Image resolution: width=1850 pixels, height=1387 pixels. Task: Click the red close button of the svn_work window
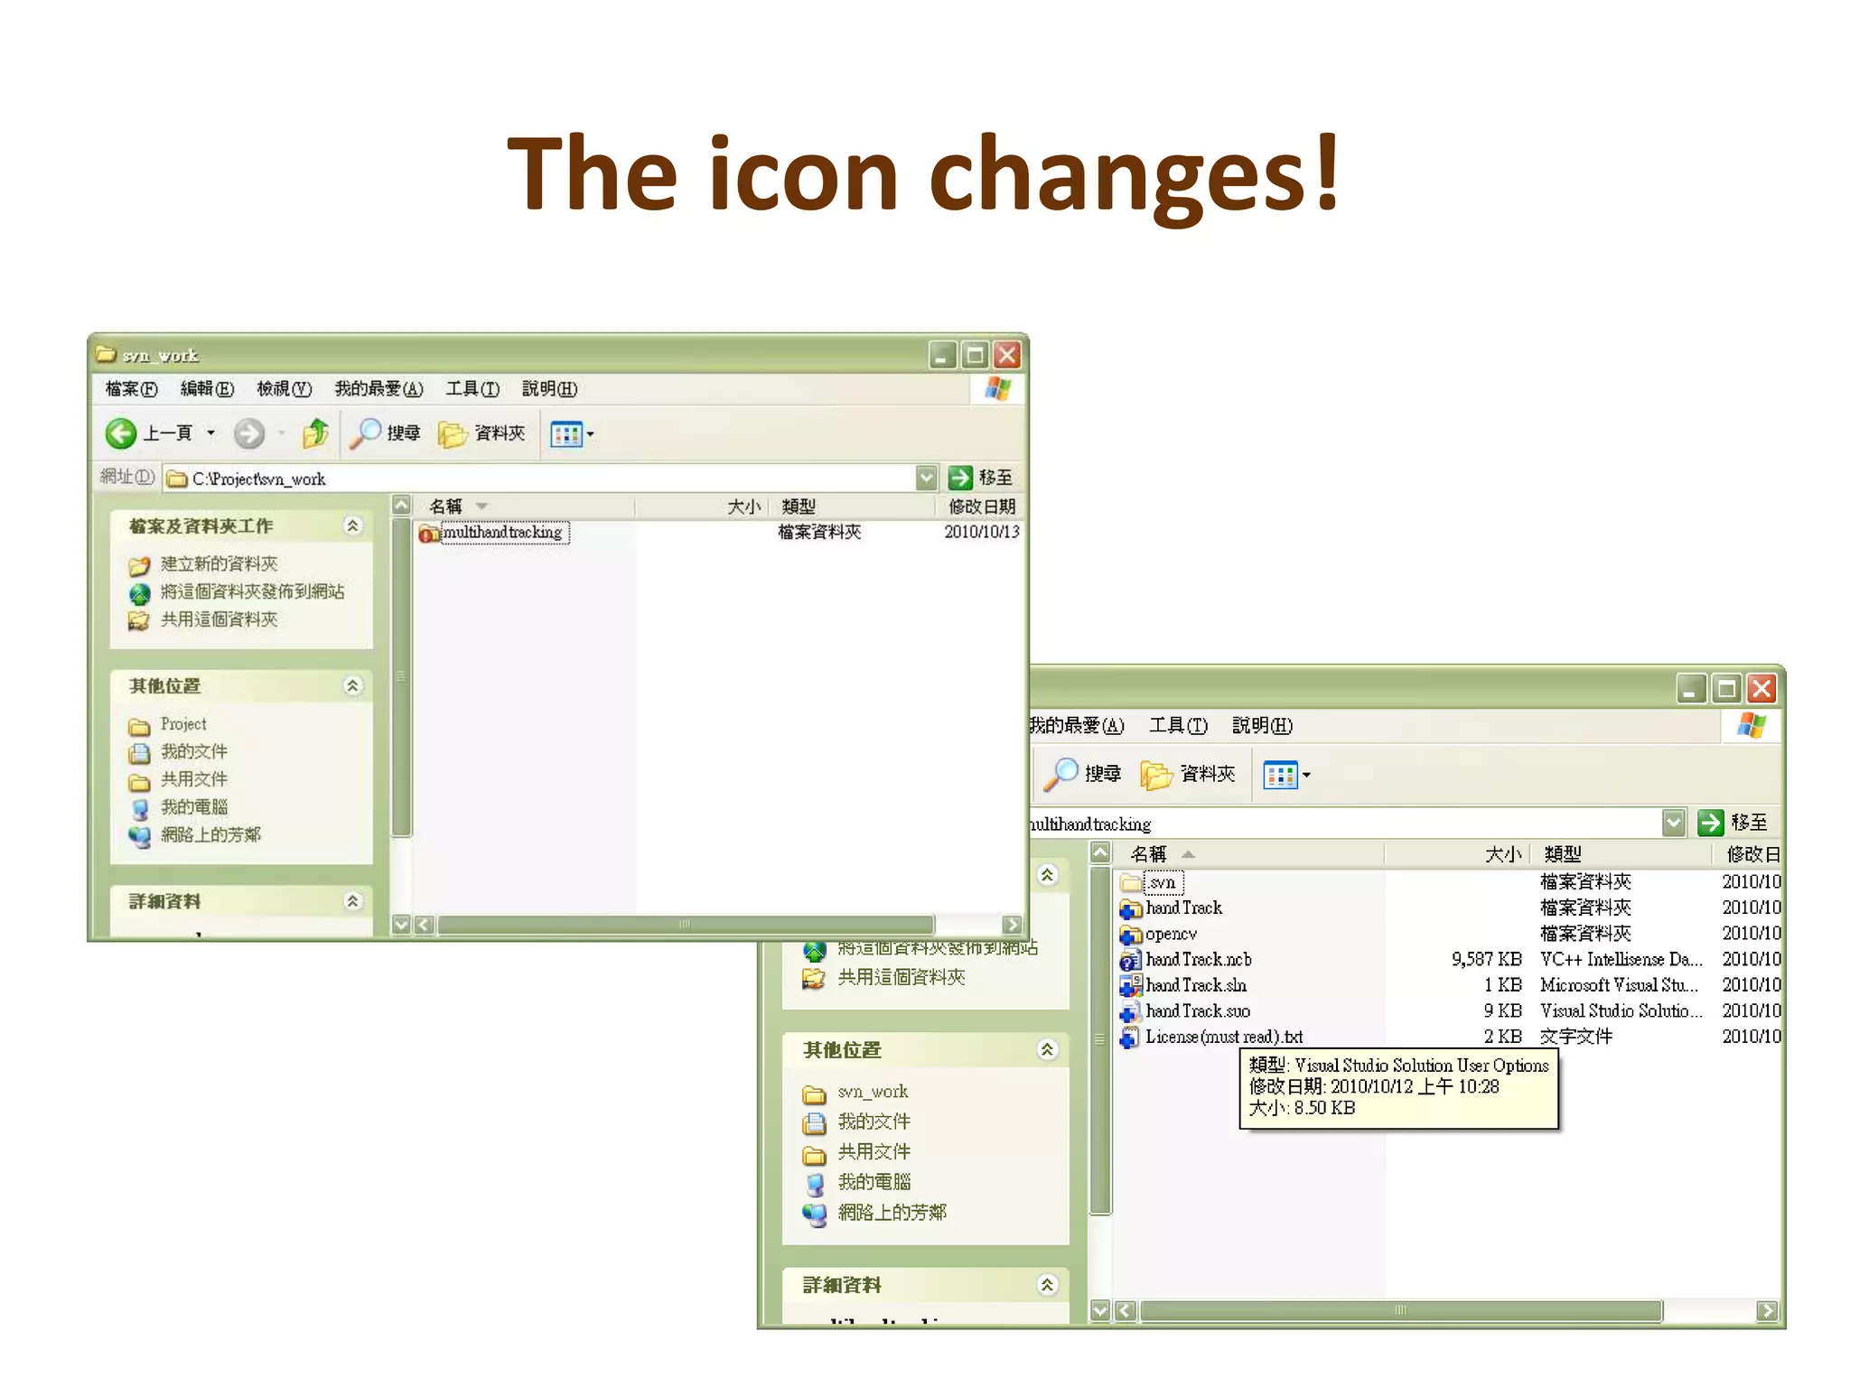tap(1007, 355)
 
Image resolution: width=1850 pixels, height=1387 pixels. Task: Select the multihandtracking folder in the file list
tap(501, 533)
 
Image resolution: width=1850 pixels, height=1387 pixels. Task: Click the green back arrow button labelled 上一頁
tap(121, 433)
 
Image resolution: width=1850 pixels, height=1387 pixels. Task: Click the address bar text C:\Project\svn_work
tap(258, 479)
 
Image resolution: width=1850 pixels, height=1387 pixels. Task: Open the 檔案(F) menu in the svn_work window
tap(131, 389)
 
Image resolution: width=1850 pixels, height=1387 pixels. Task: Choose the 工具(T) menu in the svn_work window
tap(472, 389)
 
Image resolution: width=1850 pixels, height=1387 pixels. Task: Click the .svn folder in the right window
tap(1162, 882)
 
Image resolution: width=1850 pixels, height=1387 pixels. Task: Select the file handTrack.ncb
tap(1198, 960)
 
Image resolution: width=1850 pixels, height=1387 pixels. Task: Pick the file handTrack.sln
tap(1195, 985)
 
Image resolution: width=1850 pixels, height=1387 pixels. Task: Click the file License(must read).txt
tap(1223, 1037)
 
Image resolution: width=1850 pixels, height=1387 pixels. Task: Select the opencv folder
tap(1171, 934)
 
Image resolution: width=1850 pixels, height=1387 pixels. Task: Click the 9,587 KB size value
tap(1486, 960)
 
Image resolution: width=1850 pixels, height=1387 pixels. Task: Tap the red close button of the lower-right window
tap(1761, 689)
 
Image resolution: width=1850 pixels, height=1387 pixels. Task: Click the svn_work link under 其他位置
tap(872, 1092)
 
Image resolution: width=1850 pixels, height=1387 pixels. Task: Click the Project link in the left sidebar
tap(183, 724)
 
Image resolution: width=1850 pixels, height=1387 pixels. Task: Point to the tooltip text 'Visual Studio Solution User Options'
tap(1421, 1066)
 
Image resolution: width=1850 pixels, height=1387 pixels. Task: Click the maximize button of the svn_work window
tap(975, 355)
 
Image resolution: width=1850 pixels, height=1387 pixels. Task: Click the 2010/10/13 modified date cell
tap(981, 533)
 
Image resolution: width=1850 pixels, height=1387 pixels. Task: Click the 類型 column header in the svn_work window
tap(799, 507)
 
